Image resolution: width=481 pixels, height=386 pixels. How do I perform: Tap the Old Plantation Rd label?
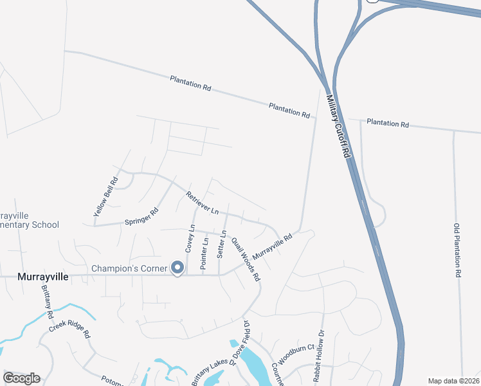[x=457, y=250]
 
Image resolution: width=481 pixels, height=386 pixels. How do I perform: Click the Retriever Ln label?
[x=203, y=203]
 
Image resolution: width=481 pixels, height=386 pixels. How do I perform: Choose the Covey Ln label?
[x=190, y=238]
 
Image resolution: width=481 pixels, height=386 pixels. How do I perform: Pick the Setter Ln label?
[x=222, y=244]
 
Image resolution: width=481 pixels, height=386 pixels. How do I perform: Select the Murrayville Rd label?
[x=272, y=247]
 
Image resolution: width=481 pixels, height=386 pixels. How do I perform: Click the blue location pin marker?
[x=177, y=267]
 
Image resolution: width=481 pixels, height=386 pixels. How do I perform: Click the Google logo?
[x=22, y=378]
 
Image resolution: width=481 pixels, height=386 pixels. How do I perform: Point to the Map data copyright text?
[x=453, y=381]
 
